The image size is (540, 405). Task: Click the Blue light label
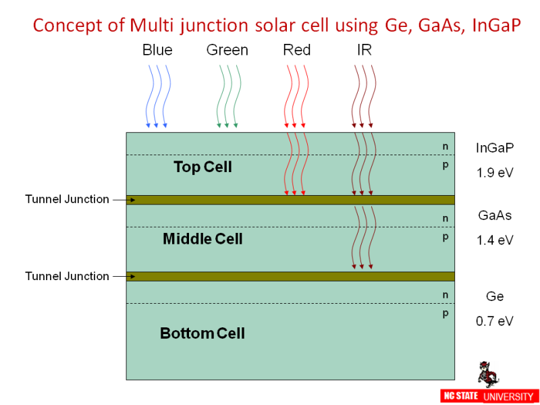pyautogui.click(x=157, y=50)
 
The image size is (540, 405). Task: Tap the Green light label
pyautogui.click(x=227, y=50)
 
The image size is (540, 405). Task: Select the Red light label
pyautogui.click(x=297, y=50)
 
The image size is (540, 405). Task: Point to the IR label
pyautogui.click(x=364, y=50)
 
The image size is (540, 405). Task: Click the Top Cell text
pyautogui.click(x=202, y=167)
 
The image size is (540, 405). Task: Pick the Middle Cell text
pyautogui.click(x=202, y=239)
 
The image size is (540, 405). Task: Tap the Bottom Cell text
pyautogui.click(x=202, y=333)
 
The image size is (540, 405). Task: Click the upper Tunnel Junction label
pyautogui.click(x=67, y=199)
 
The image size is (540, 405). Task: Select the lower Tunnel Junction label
pyautogui.click(x=67, y=276)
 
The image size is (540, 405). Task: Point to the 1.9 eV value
pyautogui.click(x=495, y=173)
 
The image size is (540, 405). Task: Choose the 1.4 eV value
pyautogui.click(x=495, y=240)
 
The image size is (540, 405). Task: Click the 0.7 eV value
pyautogui.click(x=495, y=321)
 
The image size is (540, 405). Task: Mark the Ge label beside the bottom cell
pyautogui.click(x=495, y=297)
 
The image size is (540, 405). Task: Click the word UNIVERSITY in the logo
pyautogui.click(x=508, y=396)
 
